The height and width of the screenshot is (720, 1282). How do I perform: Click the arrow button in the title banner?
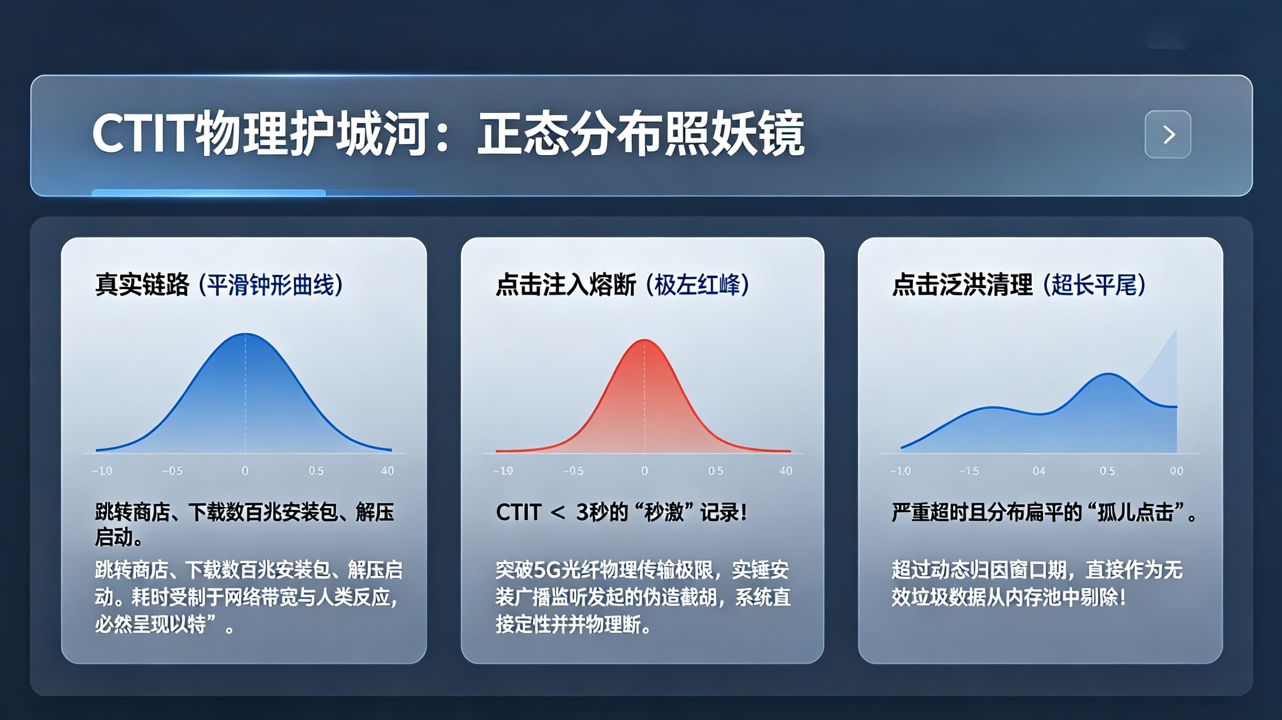(x=1167, y=134)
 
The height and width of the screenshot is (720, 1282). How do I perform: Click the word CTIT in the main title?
(x=142, y=133)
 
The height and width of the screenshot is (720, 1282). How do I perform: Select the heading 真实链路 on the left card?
(x=142, y=285)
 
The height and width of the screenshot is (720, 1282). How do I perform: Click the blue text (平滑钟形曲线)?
(x=271, y=285)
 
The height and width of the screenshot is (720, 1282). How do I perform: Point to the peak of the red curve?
(x=644, y=340)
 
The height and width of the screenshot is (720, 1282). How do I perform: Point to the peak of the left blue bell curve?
(x=245, y=334)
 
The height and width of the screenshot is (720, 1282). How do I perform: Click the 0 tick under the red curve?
(x=644, y=471)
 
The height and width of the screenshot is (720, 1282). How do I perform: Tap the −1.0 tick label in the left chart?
(x=102, y=471)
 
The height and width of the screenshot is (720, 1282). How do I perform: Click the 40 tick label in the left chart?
(x=387, y=471)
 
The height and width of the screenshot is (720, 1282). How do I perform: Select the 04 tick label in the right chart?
(x=1039, y=471)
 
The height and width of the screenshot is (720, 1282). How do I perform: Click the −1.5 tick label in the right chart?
(x=969, y=471)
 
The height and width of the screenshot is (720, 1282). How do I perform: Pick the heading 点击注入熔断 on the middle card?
(x=566, y=285)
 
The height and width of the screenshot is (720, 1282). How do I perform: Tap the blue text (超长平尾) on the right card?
(x=1094, y=285)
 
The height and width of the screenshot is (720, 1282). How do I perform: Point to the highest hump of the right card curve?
(x=1108, y=374)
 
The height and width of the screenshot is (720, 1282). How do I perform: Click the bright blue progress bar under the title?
(x=209, y=192)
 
